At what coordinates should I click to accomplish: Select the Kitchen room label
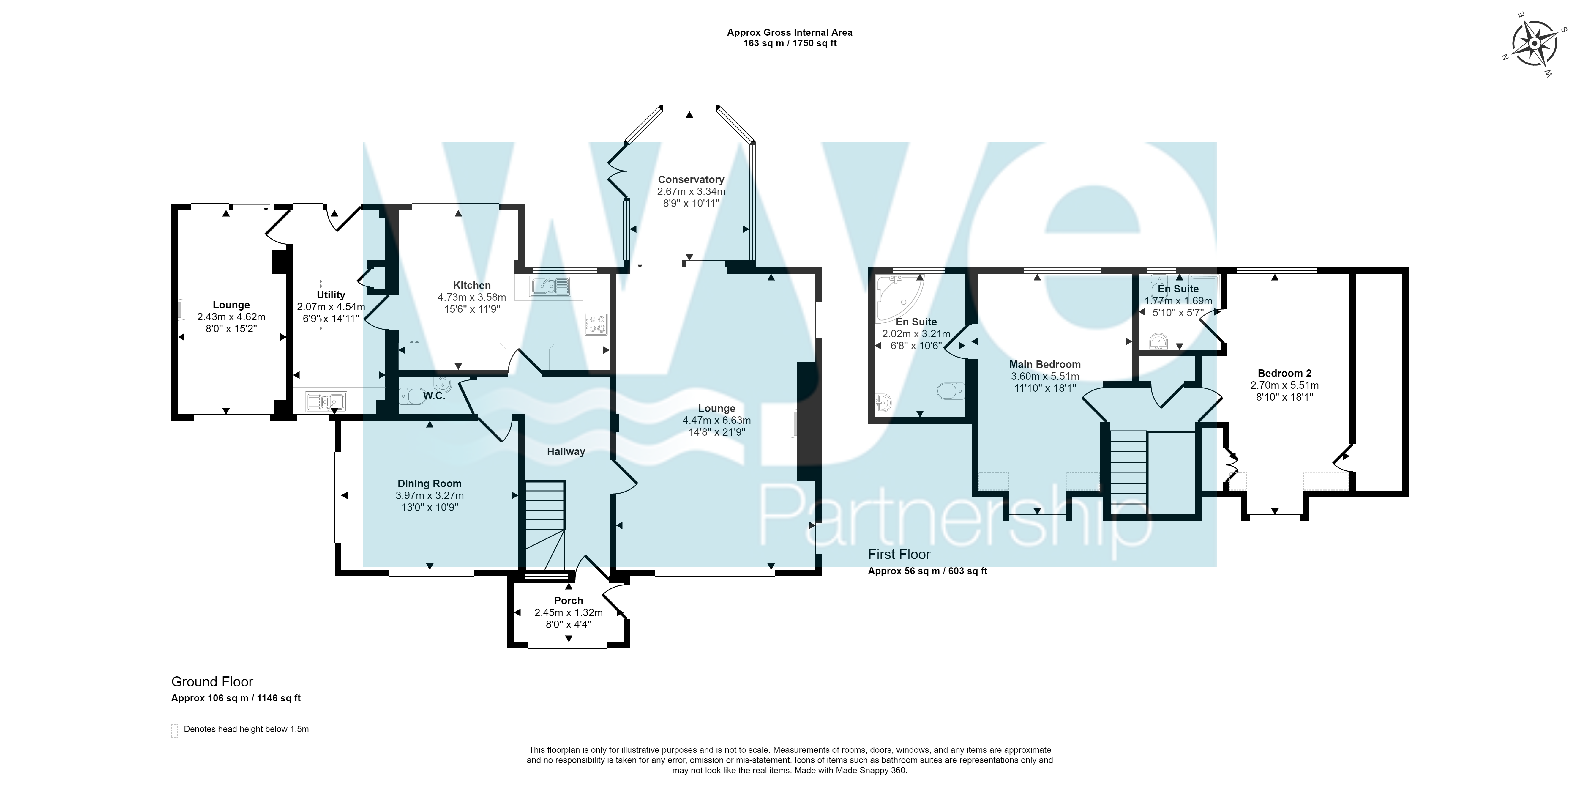[472, 285]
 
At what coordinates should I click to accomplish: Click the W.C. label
[434, 396]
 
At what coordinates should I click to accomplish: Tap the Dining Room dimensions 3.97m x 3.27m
[429, 496]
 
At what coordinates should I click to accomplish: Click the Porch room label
[569, 601]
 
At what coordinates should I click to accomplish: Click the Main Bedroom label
[1045, 364]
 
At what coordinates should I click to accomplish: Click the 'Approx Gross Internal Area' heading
[789, 32]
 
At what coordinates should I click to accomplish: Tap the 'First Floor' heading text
[899, 555]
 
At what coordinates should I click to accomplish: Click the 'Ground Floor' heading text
[212, 682]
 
